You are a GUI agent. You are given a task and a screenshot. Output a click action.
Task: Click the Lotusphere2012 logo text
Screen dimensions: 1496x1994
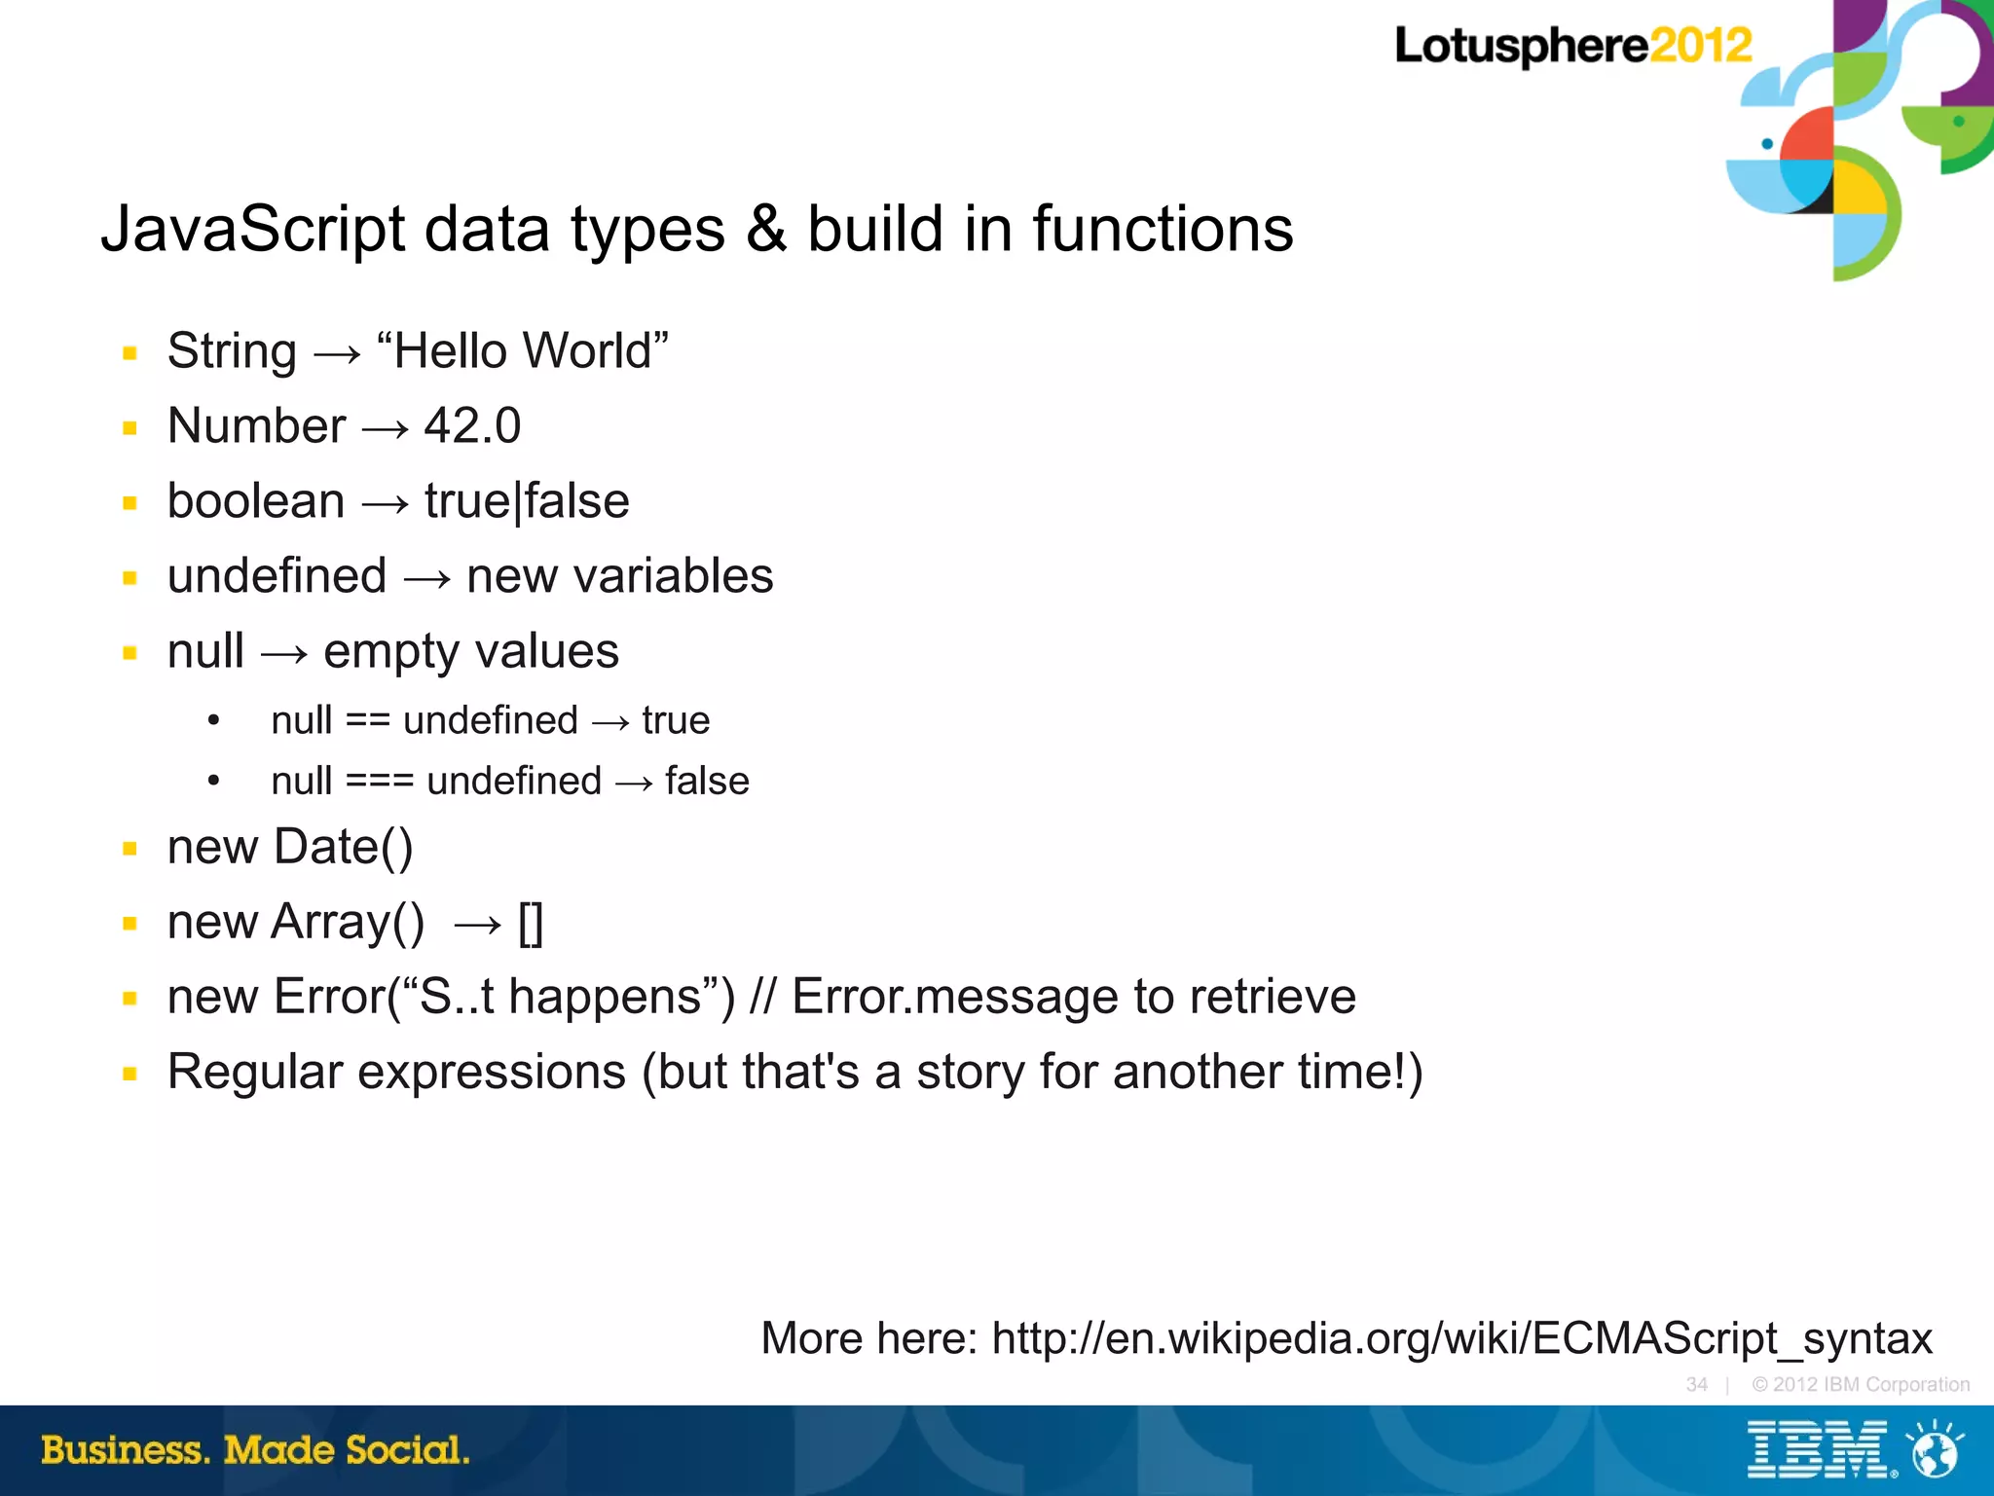pyautogui.click(x=1572, y=46)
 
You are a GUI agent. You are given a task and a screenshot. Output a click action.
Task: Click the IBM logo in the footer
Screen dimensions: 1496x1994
pyautogui.click(x=1819, y=1450)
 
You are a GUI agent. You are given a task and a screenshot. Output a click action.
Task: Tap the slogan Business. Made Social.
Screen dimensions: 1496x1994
pyautogui.click(x=255, y=1450)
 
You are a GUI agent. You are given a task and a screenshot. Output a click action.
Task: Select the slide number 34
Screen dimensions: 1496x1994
pyautogui.click(x=1697, y=1384)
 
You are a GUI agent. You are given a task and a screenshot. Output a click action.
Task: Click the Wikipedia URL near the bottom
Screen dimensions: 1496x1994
pyautogui.click(x=1461, y=1338)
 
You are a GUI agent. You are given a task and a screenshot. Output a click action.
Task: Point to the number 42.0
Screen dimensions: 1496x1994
pyautogui.click(x=472, y=426)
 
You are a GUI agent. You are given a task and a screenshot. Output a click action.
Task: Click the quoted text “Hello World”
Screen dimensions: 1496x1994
pyautogui.click(x=522, y=351)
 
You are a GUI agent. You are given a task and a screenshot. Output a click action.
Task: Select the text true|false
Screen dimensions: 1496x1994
pyautogui.click(x=527, y=501)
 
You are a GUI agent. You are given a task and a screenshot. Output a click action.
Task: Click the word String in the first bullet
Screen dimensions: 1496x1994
pyautogui.click(x=232, y=351)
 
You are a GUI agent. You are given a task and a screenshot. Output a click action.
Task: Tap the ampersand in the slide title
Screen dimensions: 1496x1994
pyautogui.click(x=766, y=230)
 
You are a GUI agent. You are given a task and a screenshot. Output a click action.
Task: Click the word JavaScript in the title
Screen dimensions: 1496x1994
pyautogui.click(x=252, y=230)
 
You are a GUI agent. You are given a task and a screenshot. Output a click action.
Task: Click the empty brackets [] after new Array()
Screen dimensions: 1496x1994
pyautogui.click(x=531, y=923)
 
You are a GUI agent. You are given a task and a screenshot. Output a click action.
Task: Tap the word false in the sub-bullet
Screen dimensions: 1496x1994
pyautogui.click(x=707, y=782)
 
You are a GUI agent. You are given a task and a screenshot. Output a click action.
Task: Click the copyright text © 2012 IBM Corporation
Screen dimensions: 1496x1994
pyautogui.click(x=1860, y=1384)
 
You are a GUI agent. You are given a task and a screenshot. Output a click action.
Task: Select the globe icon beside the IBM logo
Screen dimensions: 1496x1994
pyautogui.click(x=1934, y=1450)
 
